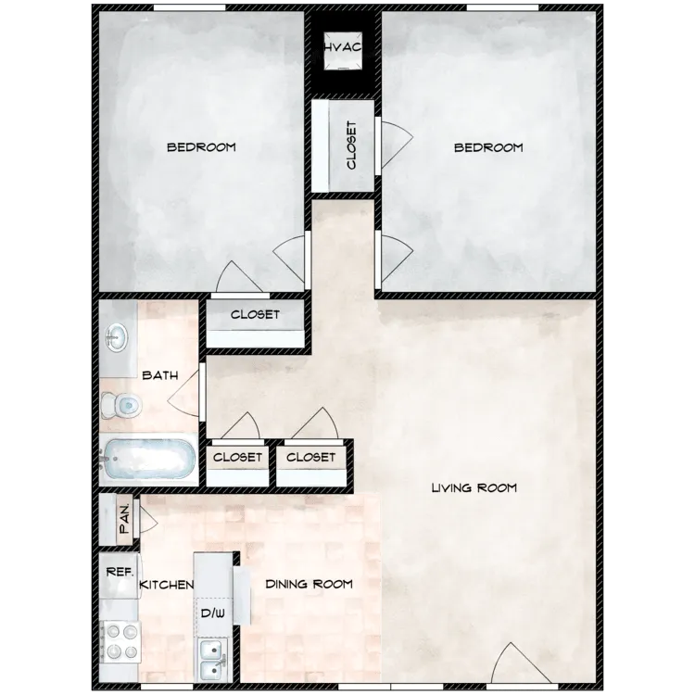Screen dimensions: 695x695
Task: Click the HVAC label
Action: [342, 47]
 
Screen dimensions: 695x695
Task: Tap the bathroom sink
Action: [117, 337]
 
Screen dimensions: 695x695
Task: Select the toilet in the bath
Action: [120, 404]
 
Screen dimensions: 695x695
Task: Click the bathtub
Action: [148, 460]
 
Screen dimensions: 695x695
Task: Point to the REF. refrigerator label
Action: [120, 572]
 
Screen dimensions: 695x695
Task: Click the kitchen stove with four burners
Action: [119, 639]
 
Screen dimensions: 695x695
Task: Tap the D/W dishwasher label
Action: [212, 613]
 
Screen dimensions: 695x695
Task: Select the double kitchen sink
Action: [212, 660]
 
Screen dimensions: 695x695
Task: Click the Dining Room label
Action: [309, 584]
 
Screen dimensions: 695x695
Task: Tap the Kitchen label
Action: [166, 585]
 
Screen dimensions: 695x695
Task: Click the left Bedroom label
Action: [201, 146]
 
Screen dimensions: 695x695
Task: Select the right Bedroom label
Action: [488, 147]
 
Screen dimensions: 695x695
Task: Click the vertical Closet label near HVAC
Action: [351, 145]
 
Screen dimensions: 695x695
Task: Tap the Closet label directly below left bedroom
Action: [255, 315]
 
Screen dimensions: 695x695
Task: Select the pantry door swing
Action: [146, 519]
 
